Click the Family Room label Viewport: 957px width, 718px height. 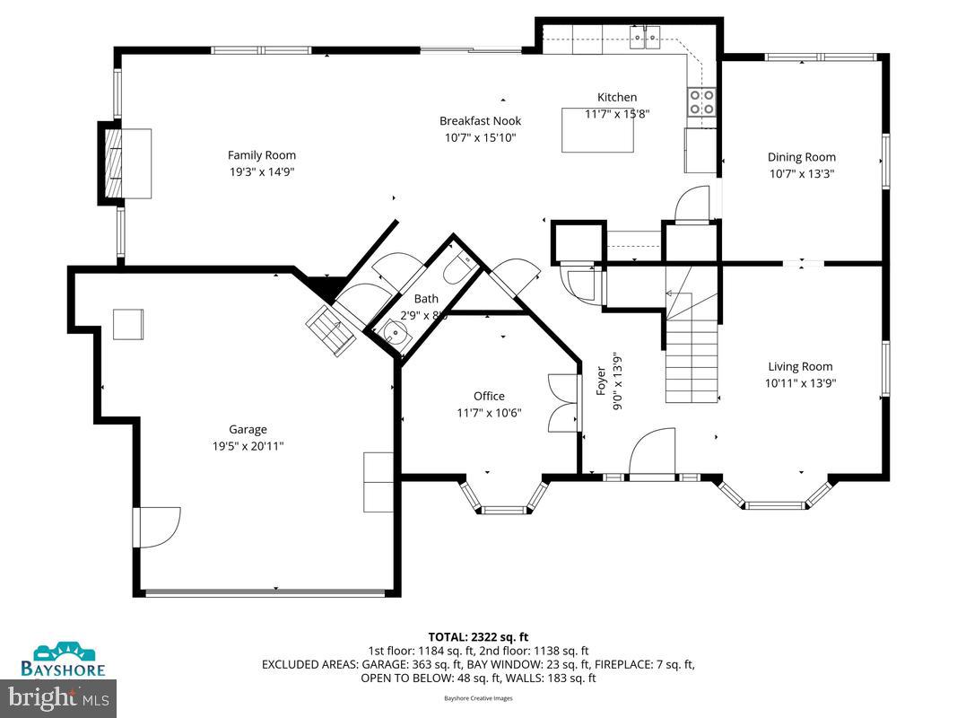261,155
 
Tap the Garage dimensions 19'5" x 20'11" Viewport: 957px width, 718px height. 248,445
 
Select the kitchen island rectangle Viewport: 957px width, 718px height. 597,130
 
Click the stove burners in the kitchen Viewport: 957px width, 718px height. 701,101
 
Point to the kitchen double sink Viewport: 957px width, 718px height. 645,36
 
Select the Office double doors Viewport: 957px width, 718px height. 563,404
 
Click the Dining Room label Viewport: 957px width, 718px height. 801,157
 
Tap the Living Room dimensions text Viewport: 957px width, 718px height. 800,382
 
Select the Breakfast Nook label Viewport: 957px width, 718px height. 480,121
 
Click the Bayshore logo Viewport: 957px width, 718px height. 64,660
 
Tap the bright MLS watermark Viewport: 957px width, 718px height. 58,696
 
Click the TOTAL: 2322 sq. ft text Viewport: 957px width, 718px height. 478,635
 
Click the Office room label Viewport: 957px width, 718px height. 489,396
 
